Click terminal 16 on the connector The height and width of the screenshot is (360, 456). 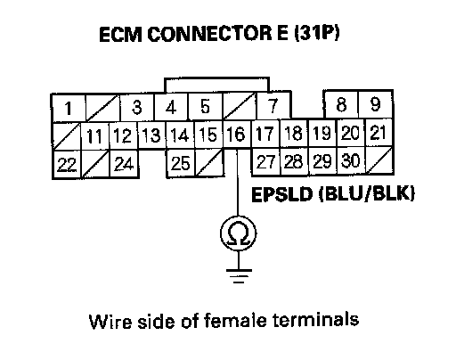tap(237, 134)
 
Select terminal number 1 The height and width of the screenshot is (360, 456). tap(69, 108)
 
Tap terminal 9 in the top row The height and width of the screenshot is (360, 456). tap(376, 104)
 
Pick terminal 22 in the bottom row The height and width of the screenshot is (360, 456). tap(67, 164)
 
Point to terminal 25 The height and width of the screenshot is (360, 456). tap(181, 163)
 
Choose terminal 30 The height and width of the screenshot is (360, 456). tap(351, 160)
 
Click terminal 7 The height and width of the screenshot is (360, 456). tap(273, 105)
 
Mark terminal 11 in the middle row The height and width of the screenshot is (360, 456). tap(95, 136)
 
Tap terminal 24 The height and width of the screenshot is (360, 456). tap(124, 164)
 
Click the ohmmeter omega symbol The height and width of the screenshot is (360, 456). tap(239, 233)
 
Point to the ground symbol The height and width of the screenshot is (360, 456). tap(239, 276)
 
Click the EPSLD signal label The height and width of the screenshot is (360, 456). tap(282, 194)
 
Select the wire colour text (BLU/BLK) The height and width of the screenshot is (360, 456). tap(367, 194)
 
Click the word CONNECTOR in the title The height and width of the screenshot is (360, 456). tap(209, 34)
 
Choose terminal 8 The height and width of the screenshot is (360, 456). tap(341, 104)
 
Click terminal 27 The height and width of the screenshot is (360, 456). tap(265, 161)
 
